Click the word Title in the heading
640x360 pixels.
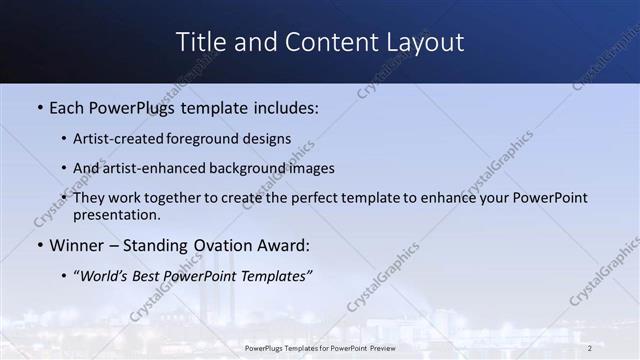(199, 42)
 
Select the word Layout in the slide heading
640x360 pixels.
(425, 42)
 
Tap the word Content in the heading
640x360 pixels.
(323, 42)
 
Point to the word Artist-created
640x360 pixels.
(127, 139)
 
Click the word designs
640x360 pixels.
(272, 139)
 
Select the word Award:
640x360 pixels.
(282, 245)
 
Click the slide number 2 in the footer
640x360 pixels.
(589, 348)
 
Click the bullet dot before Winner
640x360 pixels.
(39, 245)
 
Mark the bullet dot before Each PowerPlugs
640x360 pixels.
(39, 108)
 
